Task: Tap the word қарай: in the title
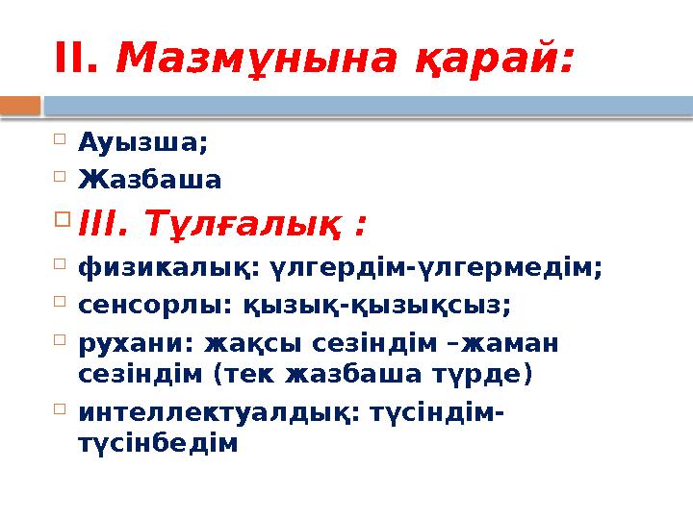click(x=492, y=62)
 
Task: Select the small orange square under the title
click(x=20, y=105)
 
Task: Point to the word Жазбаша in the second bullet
click(x=150, y=180)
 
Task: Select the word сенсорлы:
click(x=150, y=307)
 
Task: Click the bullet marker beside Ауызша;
click(x=60, y=141)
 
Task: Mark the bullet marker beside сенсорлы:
click(x=60, y=303)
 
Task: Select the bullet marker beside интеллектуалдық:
click(x=60, y=408)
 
